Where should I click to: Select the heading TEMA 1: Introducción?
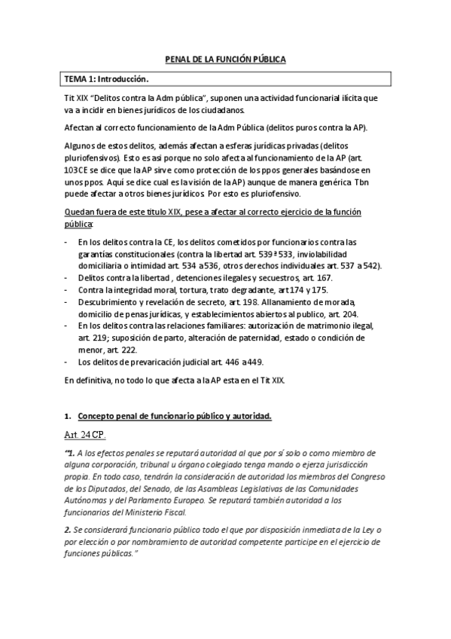106,78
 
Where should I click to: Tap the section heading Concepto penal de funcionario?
174,416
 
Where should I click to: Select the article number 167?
302,279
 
